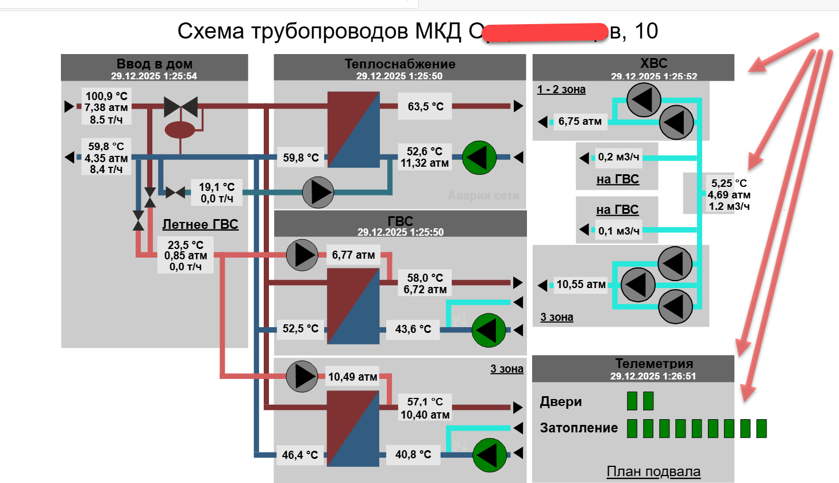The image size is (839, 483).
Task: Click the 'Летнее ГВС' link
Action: pyautogui.click(x=200, y=224)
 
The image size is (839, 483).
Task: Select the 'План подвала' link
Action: pyautogui.click(x=653, y=471)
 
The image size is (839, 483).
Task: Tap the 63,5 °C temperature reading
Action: pyautogui.click(x=425, y=106)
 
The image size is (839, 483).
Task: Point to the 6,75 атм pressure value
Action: pyautogui.click(x=580, y=121)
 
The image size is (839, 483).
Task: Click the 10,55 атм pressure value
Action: pyautogui.click(x=580, y=284)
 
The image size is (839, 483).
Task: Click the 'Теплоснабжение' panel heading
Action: pyautogui.click(x=400, y=64)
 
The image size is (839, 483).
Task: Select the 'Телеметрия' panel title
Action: pyautogui.click(x=654, y=363)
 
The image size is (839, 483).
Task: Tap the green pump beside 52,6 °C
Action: pyautogui.click(x=479, y=157)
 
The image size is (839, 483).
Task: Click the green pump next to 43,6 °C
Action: pyautogui.click(x=488, y=330)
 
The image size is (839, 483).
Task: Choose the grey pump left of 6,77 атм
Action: pyautogui.click(x=302, y=255)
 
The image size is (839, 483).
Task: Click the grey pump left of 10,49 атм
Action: pyautogui.click(x=302, y=377)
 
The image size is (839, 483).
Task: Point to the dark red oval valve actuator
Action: pyautogui.click(x=180, y=129)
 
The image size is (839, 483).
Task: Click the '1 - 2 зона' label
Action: pyautogui.click(x=561, y=89)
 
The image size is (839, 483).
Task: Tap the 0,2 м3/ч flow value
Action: pyautogui.click(x=618, y=157)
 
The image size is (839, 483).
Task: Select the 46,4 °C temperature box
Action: pyautogui.click(x=299, y=455)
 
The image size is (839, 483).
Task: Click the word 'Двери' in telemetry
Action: pyautogui.click(x=561, y=401)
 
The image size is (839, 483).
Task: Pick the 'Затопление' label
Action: pyautogui.click(x=579, y=428)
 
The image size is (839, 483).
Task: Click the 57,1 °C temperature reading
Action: pyautogui.click(x=425, y=401)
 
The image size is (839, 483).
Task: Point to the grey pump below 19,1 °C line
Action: pyautogui.click(x=318, y=193)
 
